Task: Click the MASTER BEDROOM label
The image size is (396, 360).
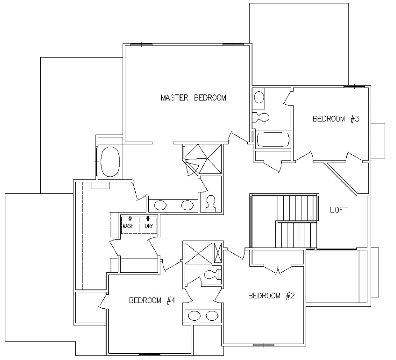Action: (x=194, y=98)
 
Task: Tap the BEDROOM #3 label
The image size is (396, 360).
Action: (x=336, y=119)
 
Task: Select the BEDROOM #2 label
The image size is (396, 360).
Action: (x=272, y=296)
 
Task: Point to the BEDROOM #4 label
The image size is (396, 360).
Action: (x=152, y=300)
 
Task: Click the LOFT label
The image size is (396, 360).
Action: (x=339, y=210)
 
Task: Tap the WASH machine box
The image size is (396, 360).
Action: (x=130, y=225)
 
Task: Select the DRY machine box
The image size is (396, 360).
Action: (x=148, y=225)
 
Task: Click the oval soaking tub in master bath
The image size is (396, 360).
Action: (x=110, y=162)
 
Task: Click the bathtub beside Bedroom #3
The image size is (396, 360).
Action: (x=273, y=140)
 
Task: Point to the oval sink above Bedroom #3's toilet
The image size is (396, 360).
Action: (x=259, y=97)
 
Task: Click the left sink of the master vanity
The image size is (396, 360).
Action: (x=160, y=205)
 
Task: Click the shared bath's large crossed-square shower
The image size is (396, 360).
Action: (x=198, y=254)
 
